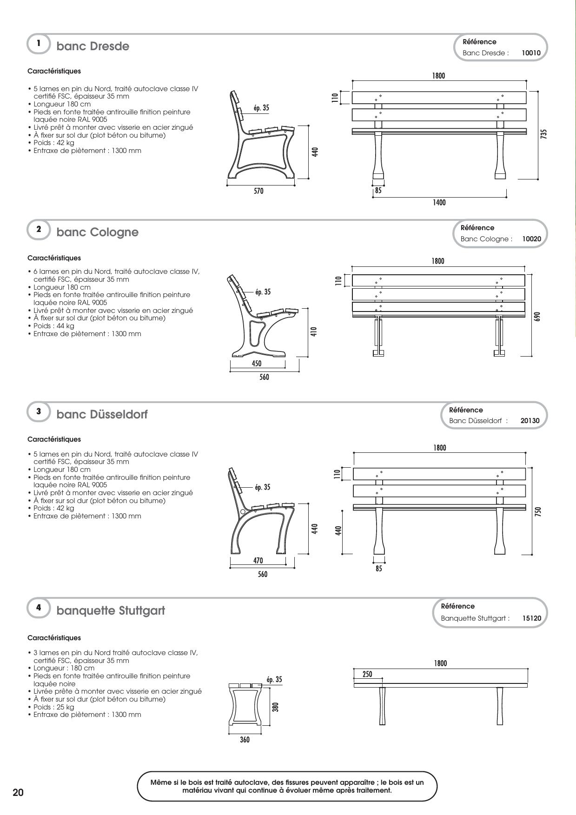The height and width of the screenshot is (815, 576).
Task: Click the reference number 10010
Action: point(531,53)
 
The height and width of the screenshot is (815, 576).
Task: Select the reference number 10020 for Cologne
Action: point(531,239)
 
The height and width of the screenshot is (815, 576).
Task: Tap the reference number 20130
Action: point(530,421)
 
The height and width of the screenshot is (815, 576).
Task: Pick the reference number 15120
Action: point(531,618)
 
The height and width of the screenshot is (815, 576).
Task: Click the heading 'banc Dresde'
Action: point(93,46)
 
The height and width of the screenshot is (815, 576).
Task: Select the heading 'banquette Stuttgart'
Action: point(111,610)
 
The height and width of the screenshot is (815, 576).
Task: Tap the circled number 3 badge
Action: point(39,411)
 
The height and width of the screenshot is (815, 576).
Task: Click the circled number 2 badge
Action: point(39,229)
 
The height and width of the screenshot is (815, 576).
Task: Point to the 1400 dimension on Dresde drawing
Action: point(439,203)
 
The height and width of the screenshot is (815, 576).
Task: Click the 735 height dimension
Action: point(544,134)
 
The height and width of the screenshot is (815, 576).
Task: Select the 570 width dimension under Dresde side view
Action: point(258,191)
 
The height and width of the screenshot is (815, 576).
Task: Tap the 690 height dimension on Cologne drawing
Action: point(537,317)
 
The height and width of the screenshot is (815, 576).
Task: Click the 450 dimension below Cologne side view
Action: point(257,364)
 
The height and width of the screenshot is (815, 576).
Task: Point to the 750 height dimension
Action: point(538,511)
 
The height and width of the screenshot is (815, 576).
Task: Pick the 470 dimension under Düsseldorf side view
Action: point(258,561)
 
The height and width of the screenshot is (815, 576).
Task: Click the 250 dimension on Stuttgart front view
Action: point(367,674)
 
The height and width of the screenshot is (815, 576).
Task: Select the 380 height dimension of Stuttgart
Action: point(275,707)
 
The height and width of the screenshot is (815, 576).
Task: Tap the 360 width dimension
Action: point(245,740)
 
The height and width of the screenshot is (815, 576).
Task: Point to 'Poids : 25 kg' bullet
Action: point(53,707)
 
